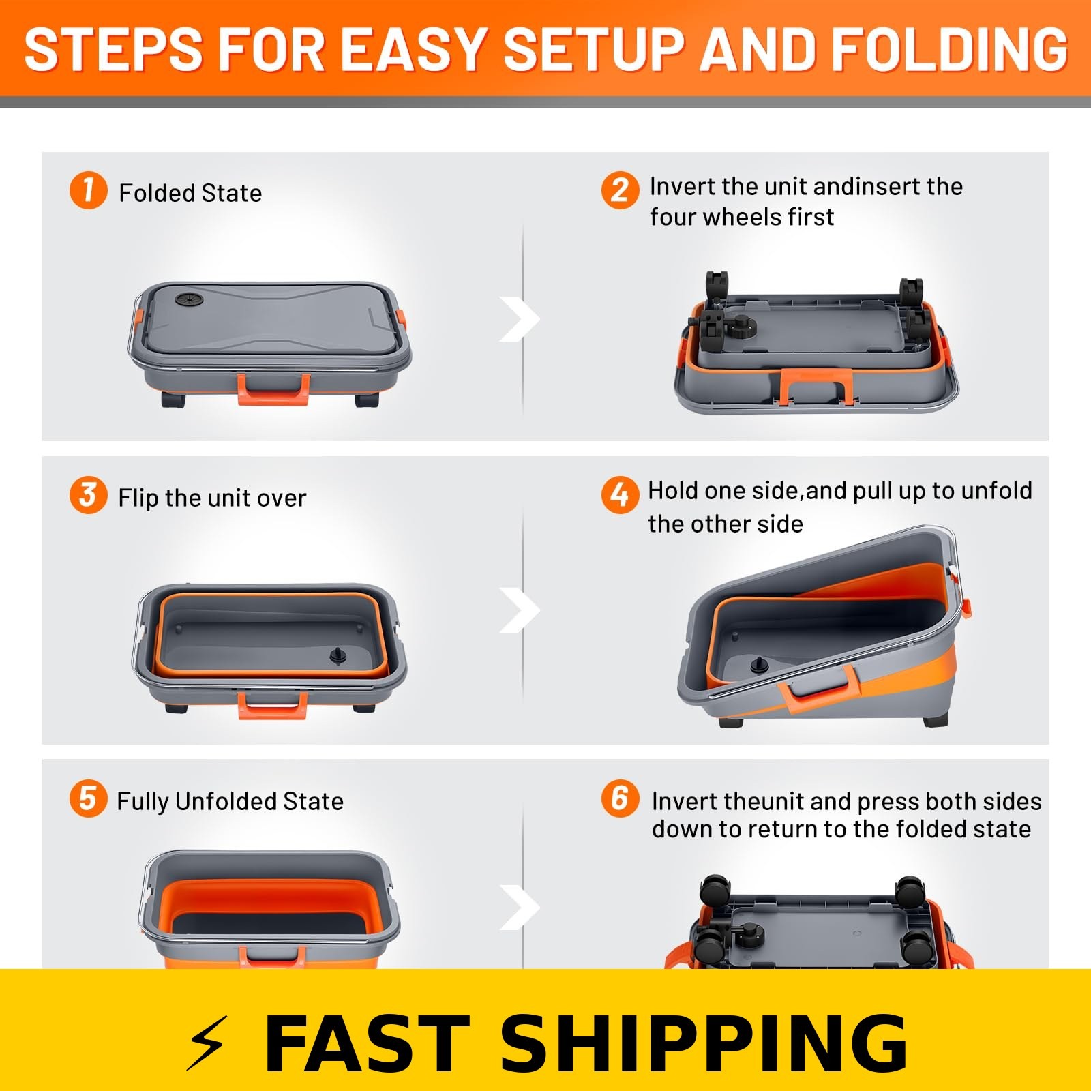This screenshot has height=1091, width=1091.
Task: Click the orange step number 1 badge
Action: coord(88,190)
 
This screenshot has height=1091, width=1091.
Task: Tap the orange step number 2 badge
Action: coord(620,190)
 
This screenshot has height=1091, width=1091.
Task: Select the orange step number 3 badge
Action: coord(88,494)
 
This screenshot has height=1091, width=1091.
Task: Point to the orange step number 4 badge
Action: coord(620,494)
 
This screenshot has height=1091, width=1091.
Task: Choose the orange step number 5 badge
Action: coord(88,798)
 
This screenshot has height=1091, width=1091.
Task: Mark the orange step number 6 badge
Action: coord(620,798)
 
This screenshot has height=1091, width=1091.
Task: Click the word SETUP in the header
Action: coord(593,50)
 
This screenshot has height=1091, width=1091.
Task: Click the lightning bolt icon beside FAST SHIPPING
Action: coord(207,1043)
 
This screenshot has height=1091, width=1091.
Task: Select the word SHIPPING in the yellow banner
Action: coord(704,1043)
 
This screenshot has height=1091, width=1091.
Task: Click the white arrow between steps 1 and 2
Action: coord(520,319)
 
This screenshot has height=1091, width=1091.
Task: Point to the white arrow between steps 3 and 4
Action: coord(520,610)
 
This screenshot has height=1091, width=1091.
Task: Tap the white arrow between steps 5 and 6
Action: coord(520,908)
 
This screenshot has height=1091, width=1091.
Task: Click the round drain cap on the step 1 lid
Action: coord(185,299)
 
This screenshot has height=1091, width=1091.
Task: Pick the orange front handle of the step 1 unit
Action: coord(273,391)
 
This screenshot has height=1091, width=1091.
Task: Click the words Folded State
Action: coord(190,193)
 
